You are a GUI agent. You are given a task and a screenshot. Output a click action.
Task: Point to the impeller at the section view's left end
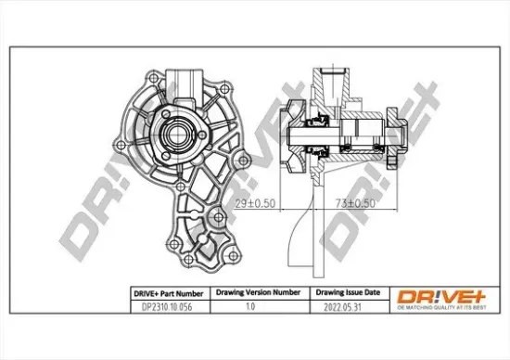coord(295,136)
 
